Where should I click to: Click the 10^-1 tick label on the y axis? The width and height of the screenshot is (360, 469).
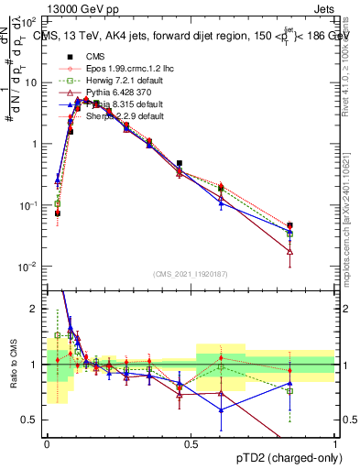30,205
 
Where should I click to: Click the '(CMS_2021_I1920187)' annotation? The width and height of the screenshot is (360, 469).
190,273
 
